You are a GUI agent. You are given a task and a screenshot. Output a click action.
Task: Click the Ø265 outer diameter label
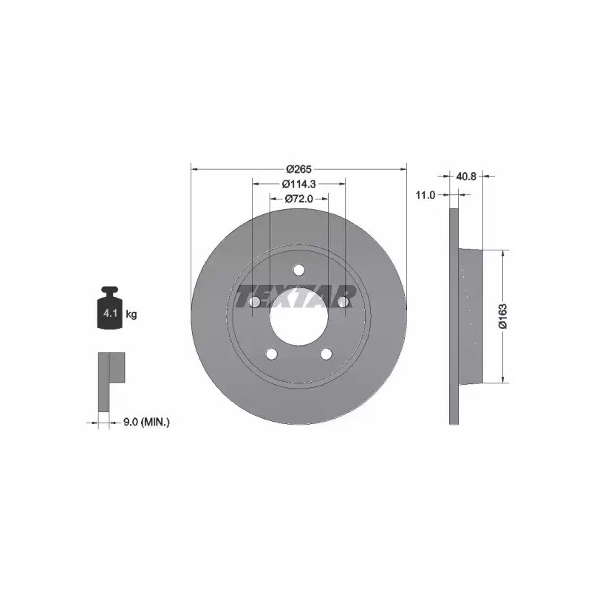(x=299, y=169)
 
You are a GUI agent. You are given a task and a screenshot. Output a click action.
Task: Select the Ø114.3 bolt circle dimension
(x=299, y=184)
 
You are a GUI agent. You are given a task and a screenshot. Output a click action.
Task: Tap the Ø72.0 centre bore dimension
(x=299, y=199)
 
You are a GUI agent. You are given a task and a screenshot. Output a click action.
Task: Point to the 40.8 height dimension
(x=466, y=176)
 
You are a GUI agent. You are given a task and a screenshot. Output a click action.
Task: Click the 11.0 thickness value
(x=426, y=195)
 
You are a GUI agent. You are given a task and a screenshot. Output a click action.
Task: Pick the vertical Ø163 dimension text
(x=503, y=316)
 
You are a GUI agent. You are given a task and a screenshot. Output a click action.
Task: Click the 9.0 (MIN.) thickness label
(x=147, y=422)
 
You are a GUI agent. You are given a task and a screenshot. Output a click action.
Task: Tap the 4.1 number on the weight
(x=110, y=312)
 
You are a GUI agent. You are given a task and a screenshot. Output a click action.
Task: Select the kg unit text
(x=131, y=313)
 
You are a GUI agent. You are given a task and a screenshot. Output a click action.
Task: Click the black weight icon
(x=110, y=307)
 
